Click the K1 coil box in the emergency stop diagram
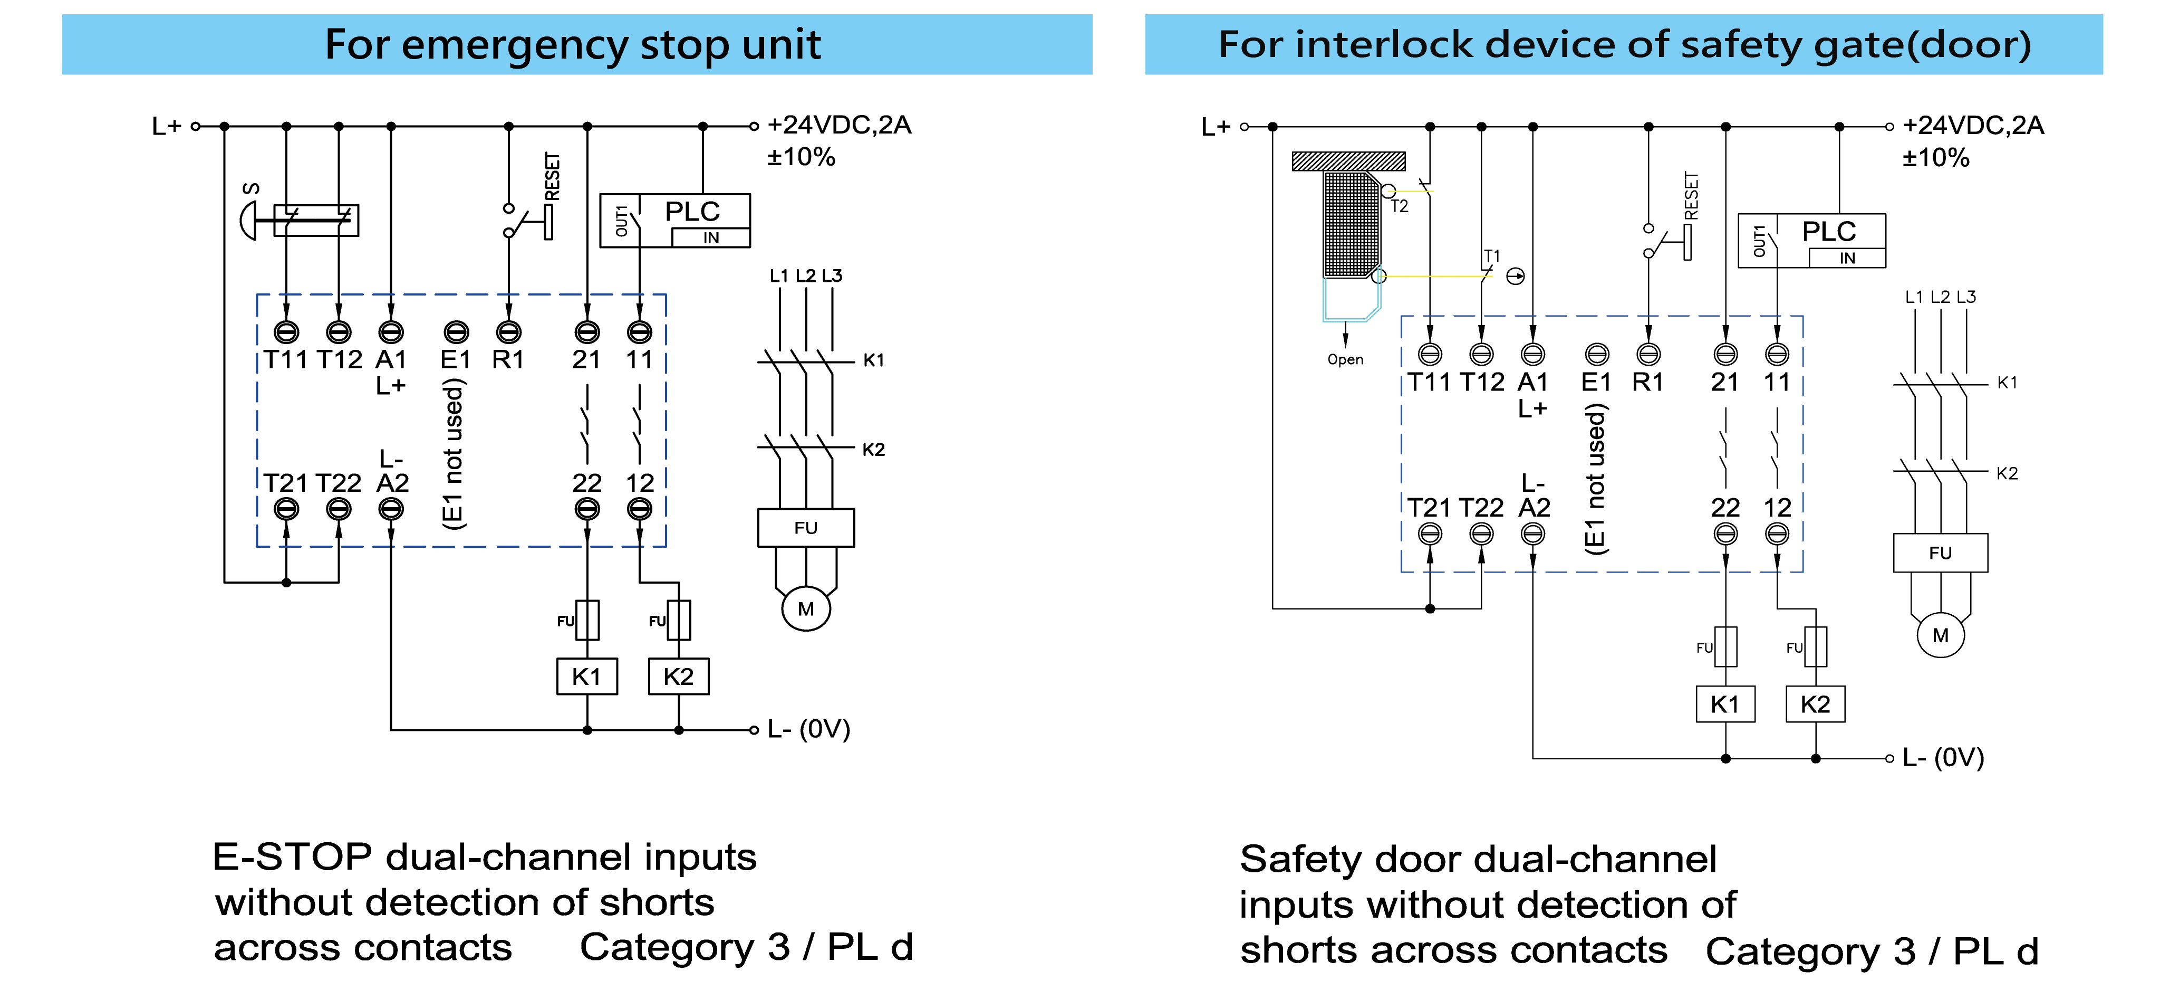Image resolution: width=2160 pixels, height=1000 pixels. (587, 676)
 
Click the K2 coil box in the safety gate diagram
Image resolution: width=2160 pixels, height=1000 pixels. (1815, 704)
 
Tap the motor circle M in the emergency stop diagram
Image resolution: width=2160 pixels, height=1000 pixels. (806, 609)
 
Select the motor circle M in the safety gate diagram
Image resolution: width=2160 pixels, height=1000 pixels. (1940, 635)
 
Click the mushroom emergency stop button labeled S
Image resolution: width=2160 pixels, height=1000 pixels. (249, 221)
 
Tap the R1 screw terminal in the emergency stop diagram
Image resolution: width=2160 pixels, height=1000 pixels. (508, 332)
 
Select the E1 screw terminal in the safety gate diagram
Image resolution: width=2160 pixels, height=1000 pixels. (1596, 354)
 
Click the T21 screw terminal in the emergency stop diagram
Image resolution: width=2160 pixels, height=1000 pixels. (287, 508)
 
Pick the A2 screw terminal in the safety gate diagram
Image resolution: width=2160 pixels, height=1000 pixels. (1533, 534)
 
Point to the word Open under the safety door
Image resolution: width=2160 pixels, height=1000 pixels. (1345, 359)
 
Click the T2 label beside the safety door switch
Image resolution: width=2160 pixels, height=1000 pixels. (1400, 206)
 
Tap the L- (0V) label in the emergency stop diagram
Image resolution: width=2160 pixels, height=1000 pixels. (808, 729)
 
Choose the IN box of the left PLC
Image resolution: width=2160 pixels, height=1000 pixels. (711, 237)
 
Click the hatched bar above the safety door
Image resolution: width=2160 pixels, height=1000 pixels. (1348, 161)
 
